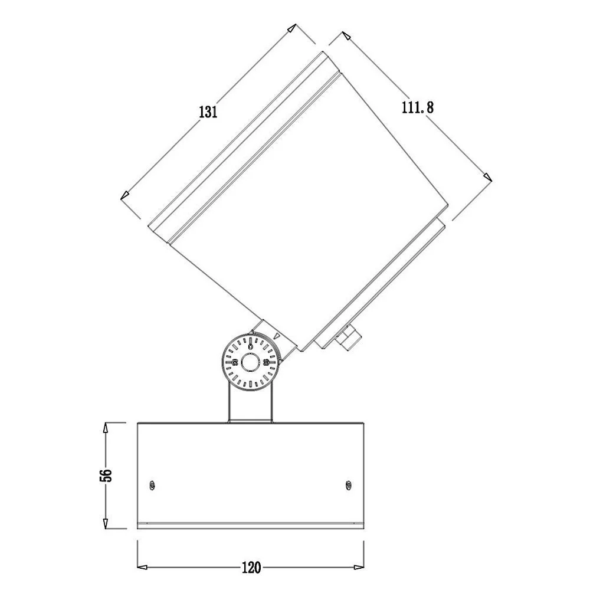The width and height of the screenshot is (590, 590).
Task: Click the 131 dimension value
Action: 208,112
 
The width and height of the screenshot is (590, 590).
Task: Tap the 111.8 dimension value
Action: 418,107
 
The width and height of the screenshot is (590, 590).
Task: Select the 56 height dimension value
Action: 106,475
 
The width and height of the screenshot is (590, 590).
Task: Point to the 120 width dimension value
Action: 251,568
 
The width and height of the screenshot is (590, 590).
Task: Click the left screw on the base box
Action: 152,486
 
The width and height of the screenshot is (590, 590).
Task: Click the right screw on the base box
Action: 349,486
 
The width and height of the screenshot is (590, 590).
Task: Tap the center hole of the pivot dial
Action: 250,363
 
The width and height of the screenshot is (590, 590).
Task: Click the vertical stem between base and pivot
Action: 250,402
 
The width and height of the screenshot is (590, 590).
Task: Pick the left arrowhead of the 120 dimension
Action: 142,567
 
